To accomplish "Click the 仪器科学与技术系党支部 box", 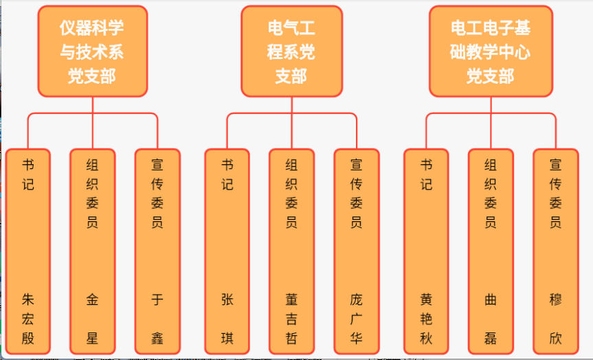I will pyautogui.click(x=92, y=52).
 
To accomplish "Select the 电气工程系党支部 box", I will pyautogui.click(x=291, y=52).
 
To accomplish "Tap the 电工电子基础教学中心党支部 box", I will pyautogui.click(x=491, y=52).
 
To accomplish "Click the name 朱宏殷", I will pyautogui.click(x=28, y=319).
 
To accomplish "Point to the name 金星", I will pyautogui.click(x=92, y=319).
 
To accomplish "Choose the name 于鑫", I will pyautogui.click(x=157, y=319).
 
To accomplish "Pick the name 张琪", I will pyautogui.click(x=227, y=319).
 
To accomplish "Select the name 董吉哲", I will pyautogui.click(x=291, y=319).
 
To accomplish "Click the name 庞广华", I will pyautogui.click(x=356, y=319).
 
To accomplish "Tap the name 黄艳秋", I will pyautogui.click(x=426, y=319).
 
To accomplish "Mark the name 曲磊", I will pyautogui.click(x=490, y=319).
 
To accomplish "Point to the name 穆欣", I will pyautogui.click(x=555, y=319).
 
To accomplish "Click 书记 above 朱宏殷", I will pyautogui.click(x=28, y=175).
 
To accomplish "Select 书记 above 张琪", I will pyautogui.click(x=227, y=175).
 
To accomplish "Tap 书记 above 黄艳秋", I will pyautogui.click(x=426, y=175).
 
